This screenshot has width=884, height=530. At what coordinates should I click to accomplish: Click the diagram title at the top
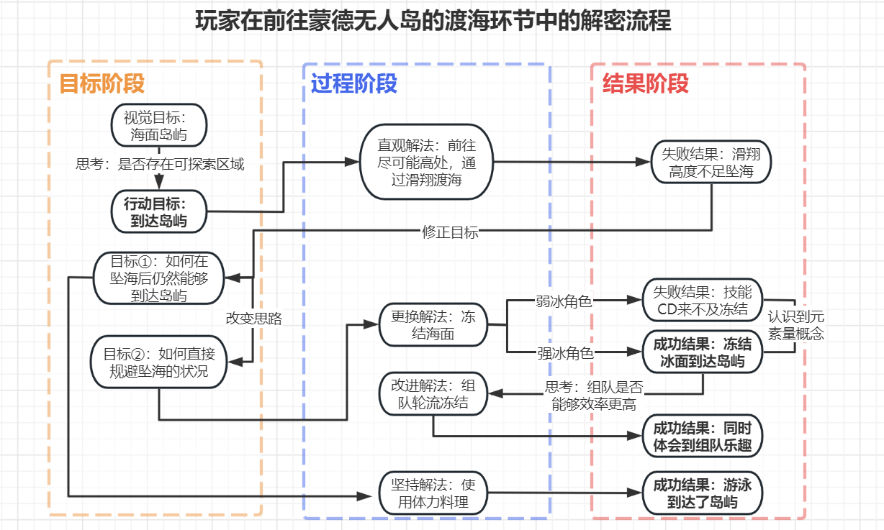(x=433, y=22)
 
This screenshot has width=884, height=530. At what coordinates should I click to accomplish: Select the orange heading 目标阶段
(x=102, y=84)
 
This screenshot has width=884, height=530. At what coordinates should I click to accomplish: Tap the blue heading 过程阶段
(x=354, y=84)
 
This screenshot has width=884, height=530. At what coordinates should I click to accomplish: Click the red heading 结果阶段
(x=646, y=84)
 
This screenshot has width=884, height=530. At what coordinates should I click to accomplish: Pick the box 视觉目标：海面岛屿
(x=159, y=125)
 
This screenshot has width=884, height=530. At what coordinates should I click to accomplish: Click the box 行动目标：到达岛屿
(x=159, y=212)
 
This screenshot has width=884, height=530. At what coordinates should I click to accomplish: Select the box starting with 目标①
(x=159, y=278)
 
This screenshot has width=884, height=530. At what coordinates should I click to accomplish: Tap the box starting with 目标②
(x=158, y=362)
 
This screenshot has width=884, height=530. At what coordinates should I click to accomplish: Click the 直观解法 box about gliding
(x=427, y=162)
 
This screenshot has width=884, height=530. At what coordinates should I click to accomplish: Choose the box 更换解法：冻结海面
(x=433, y=325)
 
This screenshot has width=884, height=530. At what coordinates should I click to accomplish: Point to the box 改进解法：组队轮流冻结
(x=433, y=393)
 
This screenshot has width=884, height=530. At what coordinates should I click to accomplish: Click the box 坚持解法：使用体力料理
(x=433, y=493)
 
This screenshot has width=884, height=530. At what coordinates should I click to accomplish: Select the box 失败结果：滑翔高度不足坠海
(x=711, y=163)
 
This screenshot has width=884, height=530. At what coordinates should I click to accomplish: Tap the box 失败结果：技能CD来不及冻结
(x=703, y=301)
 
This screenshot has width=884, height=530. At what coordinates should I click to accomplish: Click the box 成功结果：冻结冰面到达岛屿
(x=703, y=352)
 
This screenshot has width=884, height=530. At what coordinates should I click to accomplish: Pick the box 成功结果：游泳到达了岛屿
(x=703, y=493)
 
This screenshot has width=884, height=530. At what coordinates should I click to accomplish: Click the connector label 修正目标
(x=450, y=232)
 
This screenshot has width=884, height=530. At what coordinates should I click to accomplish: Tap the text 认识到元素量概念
(x=795, y=325)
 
